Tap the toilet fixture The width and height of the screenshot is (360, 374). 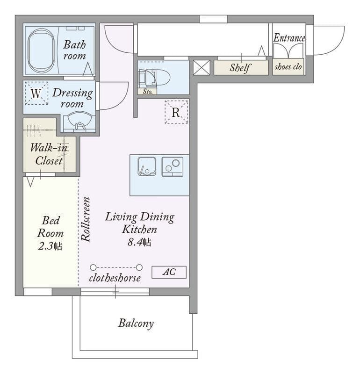(154, 78)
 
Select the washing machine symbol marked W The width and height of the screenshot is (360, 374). (36, 93)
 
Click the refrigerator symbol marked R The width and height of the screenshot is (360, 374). (176, 112)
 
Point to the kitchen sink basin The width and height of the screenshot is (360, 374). (147, 166)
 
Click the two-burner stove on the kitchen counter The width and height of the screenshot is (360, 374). (173, 166)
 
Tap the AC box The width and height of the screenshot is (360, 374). (169, 272)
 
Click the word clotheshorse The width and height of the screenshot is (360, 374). (115, 278)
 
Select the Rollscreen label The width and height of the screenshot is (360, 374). (86, 219)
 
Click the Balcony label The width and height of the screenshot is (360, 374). (136, 324)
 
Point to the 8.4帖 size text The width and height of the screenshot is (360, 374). (139, 242)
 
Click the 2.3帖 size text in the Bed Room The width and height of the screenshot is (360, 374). (50, 246)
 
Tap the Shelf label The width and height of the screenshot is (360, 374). (240, 68)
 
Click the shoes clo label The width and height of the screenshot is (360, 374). (288, 67)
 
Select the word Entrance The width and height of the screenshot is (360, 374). (289, 38)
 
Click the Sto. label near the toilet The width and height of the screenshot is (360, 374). (148, 91)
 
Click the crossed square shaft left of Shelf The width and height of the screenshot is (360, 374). (202, 67)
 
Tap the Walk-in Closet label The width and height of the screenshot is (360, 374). (49, 154)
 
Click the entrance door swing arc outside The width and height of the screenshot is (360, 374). (335, 48)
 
